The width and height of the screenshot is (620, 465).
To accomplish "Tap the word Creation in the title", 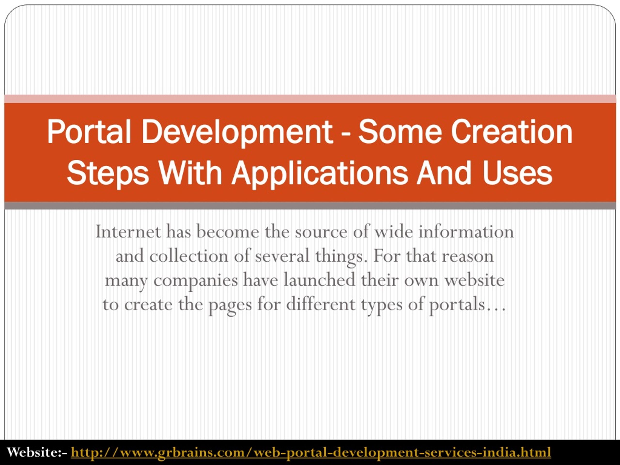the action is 511,132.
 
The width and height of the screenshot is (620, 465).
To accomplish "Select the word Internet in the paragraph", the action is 128,232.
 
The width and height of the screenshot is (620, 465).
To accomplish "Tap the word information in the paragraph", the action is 466,232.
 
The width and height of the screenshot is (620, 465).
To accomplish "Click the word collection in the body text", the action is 189,256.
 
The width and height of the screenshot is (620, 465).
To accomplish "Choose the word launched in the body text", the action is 319,280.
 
